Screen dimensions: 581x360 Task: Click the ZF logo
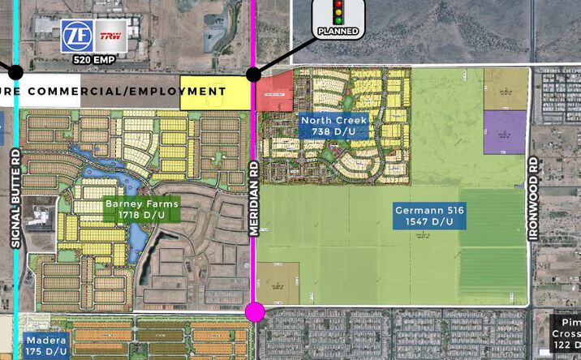77,36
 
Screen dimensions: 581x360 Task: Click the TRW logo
110,36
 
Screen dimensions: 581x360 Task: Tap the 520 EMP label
94,59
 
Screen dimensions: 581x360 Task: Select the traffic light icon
338,13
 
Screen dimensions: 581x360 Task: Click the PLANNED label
338,31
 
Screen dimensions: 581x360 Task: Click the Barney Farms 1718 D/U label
141,210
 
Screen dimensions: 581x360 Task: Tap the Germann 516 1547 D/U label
429,216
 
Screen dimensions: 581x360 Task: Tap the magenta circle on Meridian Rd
255,311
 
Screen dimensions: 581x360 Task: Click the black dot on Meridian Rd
253,75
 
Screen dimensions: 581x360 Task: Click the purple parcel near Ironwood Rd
505,132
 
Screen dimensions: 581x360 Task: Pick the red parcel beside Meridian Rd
274,91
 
